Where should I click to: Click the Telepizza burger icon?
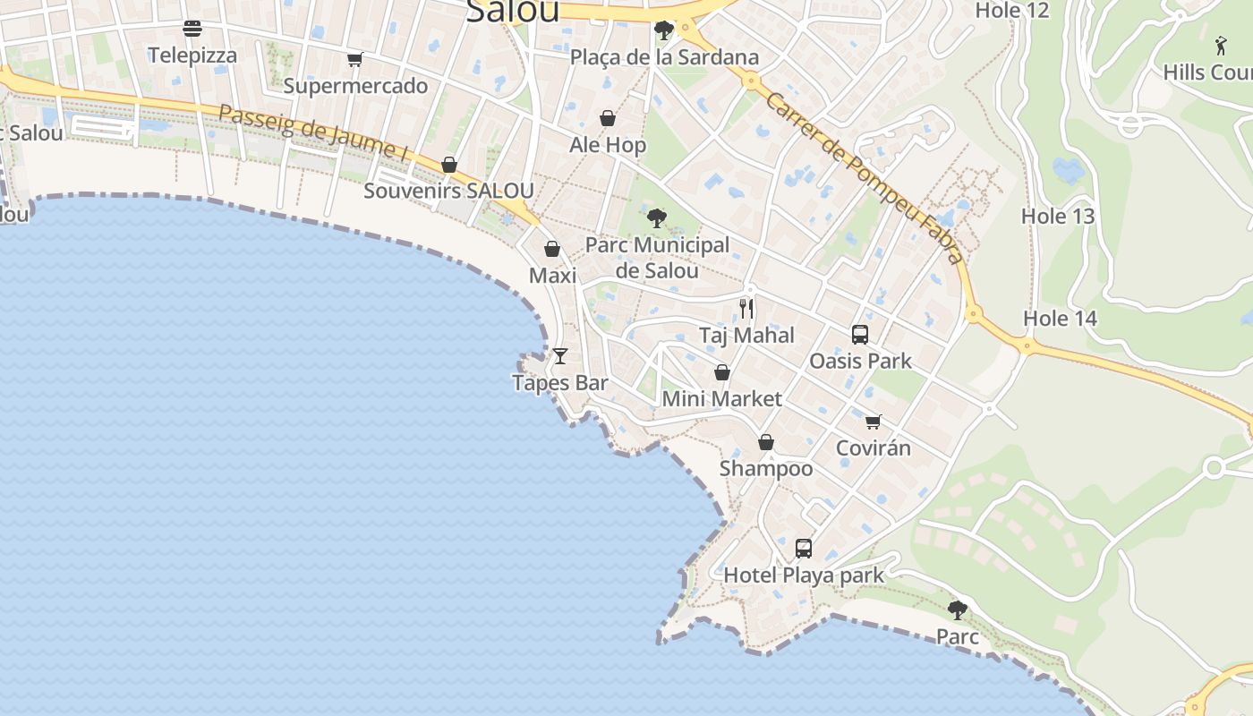coord(192,29)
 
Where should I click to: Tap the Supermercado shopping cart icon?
coord(355,60)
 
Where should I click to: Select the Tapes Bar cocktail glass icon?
coord(560,356)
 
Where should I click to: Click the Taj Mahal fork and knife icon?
coord(746,309)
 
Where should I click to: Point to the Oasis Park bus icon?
coord(860,335)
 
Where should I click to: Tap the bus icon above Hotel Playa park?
coord(804,549)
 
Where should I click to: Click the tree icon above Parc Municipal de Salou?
coord(657,217)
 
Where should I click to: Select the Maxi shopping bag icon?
coord(552,249)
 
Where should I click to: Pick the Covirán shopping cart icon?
coord(874,422)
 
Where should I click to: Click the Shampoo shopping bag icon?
coord(766,442)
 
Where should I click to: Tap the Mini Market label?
coord(721,399)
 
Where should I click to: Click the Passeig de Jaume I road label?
coord(313,133)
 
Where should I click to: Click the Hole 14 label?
coord(1060,319)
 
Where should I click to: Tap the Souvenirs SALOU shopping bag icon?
coord(449,165)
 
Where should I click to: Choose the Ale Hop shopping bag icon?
coord(608,118)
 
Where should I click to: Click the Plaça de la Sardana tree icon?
coord(664,31)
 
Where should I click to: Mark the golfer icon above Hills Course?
coord(1222,46)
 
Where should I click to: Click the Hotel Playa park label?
coord(803,575)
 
